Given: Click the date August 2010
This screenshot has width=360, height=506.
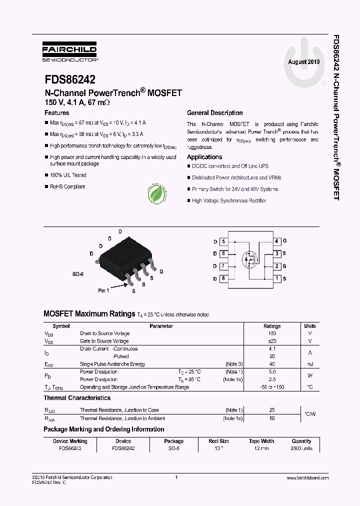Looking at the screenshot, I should [303, 62].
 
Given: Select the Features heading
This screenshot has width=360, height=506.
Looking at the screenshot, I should [57, 113].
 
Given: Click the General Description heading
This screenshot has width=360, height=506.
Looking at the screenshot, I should [214, 113].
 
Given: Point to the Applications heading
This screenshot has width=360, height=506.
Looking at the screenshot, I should [204, 157].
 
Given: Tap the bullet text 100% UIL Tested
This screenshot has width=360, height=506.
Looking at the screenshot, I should [68, 175].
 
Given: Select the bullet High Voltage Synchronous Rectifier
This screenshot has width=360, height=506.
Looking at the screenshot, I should [229, 201].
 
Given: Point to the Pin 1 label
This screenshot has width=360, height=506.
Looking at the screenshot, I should [103, 290].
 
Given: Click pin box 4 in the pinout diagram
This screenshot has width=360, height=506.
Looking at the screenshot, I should [276, 241].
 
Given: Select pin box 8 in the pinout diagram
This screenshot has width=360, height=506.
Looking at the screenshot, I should [223, 278].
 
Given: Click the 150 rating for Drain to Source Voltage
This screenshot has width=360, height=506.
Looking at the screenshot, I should [272, 333].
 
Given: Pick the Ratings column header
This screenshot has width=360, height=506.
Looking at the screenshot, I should [272, 326].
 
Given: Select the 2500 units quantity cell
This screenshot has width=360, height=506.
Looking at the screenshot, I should [301, 448].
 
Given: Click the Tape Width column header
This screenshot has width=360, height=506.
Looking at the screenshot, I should [261, 441].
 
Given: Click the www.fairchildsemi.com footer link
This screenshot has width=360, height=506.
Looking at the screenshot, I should [307, 478].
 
